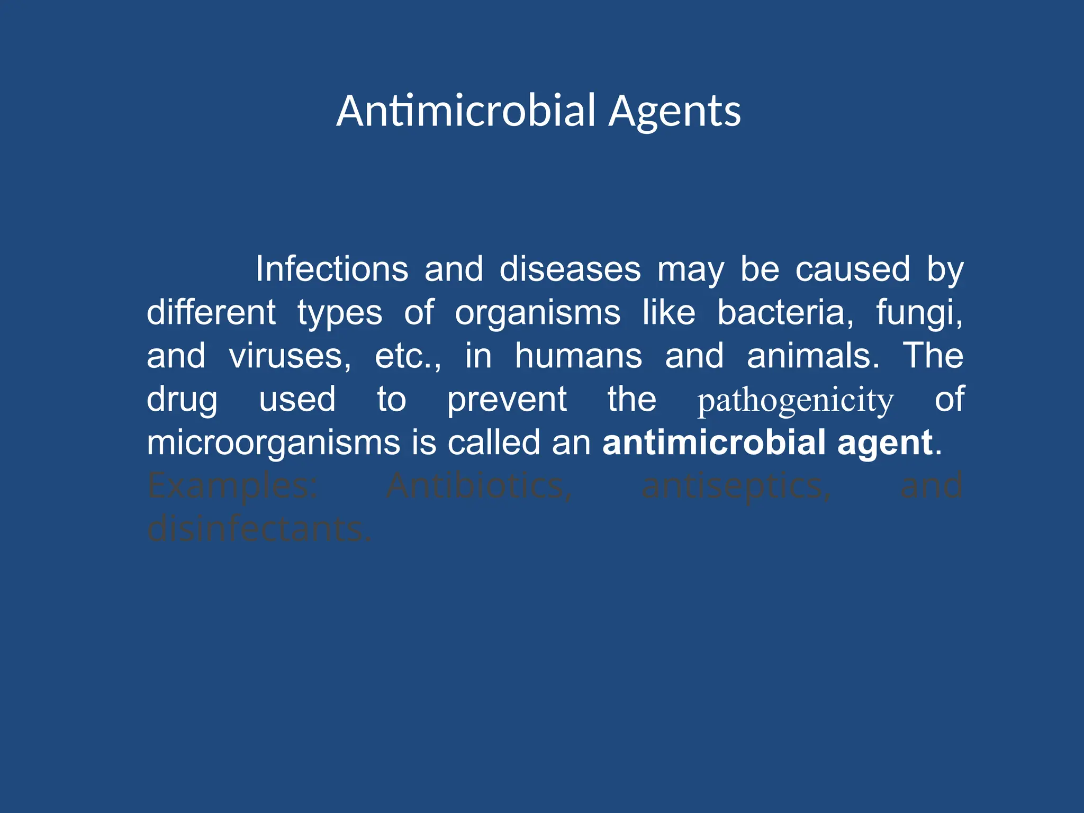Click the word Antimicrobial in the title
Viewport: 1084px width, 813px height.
(x=466, y=111)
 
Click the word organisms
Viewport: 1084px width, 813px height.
(x=538, y=312)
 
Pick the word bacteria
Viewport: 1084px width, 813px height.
(x=785, y=312)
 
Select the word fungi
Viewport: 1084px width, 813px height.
(x=919, y=313)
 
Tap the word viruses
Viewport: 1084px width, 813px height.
(x=290, y=356)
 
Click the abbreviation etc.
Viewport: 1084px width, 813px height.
(x=408, y=356)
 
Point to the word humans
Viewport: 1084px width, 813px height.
(x=579, y=356)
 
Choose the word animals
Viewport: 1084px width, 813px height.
(x=813, y=356)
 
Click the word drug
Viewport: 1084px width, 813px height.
(x=182, y=400)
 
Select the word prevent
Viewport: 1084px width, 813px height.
(x=507, y=400)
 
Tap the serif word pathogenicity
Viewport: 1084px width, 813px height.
(x=795, y=401)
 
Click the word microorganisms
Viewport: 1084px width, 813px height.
(x=273, y=442)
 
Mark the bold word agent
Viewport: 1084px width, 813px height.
(x=884, y=444)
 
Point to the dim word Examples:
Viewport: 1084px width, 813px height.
(x=232, y=486)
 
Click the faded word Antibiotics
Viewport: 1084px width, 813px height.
(x=479, y=486)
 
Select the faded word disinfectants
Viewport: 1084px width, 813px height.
(x=259, y=529)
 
